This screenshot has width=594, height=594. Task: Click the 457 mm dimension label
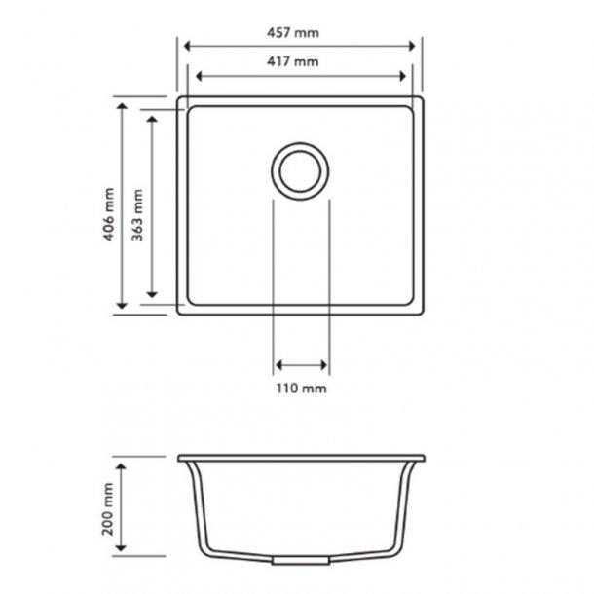[298, 32]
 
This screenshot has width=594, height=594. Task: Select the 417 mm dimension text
[298, 62]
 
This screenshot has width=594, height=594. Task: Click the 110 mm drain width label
[301, 388]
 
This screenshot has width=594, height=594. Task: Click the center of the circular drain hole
[299, 171]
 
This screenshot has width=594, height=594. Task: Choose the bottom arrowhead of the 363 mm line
[152, 295]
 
